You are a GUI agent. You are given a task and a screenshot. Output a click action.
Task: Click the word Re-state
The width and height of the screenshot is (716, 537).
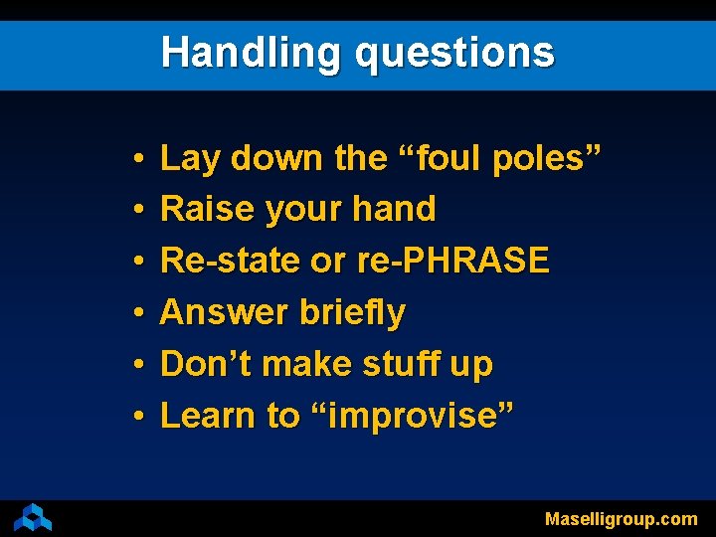[x=230, y=261]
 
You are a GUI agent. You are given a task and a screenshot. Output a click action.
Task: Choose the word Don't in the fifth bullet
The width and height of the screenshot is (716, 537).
[x=203, y=364]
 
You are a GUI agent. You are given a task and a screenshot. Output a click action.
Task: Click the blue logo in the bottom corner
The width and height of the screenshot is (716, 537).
[x=32, y=517]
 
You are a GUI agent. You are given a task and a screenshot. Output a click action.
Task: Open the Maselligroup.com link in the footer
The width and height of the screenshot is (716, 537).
[x=621, y=518]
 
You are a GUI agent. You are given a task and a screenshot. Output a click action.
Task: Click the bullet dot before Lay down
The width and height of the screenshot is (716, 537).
[x=136, y=159]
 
